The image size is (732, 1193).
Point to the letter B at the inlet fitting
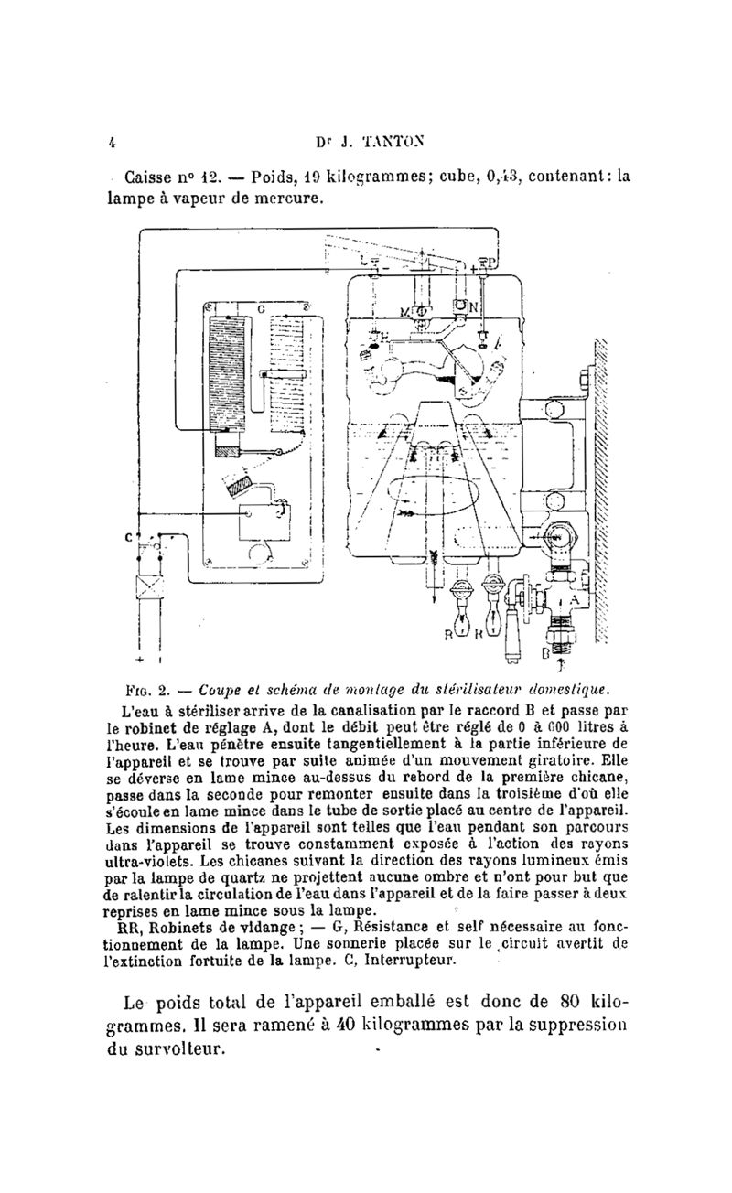[x=547, y=653]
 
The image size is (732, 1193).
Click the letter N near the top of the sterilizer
[x=473, y=307]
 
